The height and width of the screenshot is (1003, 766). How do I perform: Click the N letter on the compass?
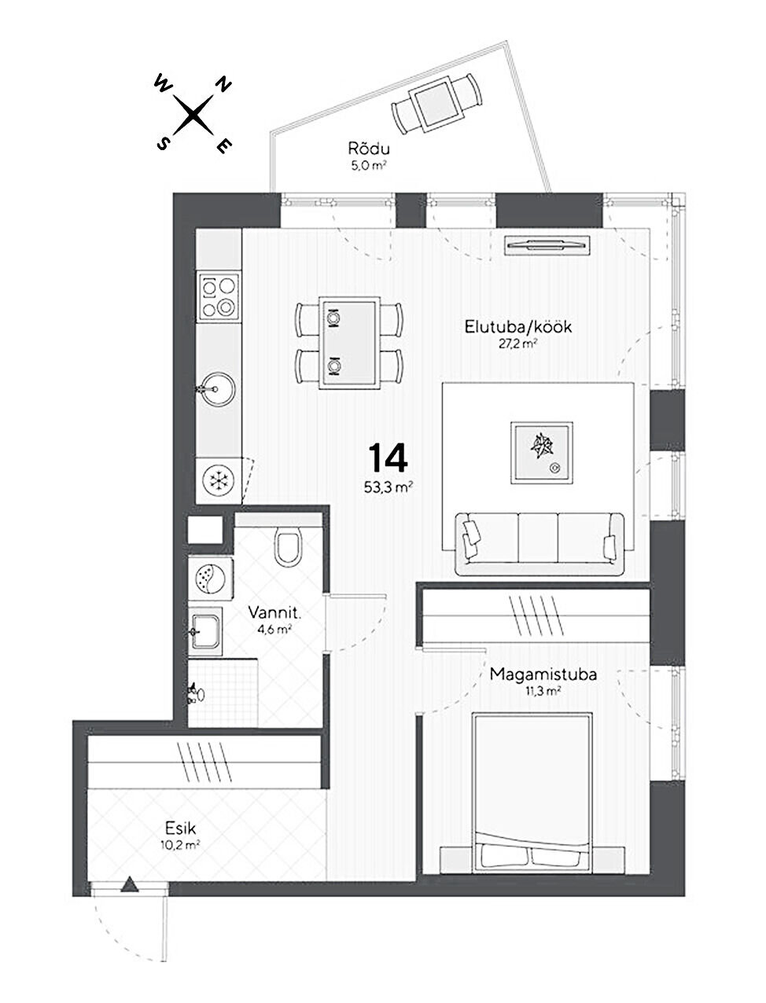pyautogui.click(x=223, y=85)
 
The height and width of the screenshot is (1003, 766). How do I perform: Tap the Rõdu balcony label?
pyautogui.click(x=369, y=149)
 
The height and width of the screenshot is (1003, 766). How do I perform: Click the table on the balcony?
pyautogui.click(x=436, y=105)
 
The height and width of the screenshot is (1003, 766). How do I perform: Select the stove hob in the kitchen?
pyautogui.click(x=219, y=296)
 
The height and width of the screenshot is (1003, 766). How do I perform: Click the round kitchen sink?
pyautogui.click(x=219, y=389)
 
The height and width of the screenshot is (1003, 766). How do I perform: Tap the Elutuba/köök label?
pyautogui.click(x=517, y=327)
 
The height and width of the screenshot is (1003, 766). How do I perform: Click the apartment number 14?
pyautogui.click(x=388, y=457)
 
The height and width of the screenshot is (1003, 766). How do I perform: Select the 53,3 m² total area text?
pyautogui.click(x=388, y=487)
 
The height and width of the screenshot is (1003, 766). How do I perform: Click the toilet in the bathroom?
pyautogui.click(x=289, y=546)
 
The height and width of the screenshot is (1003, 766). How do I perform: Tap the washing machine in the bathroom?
pyautogui.click(x=211, y=579)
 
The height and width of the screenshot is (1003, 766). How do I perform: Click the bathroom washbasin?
pyautogui.click(x=206, y=632)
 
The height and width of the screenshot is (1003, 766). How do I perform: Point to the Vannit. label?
pyautogui.click(x=274, y=612)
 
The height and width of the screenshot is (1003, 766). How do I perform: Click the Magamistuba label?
pyautogui.click(x=543, y=675)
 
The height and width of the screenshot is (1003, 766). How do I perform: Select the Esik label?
pyautogui.click(x=181, y=829)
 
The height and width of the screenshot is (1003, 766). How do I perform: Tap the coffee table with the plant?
pyautogui.click(x=542, y=453)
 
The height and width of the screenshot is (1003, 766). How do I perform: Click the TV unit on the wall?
pyautogui.click(x=547, y=245)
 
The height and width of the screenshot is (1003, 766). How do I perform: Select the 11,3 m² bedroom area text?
pyautogui.click(x=543, y=692)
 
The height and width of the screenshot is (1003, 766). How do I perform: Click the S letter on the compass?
pyautogui.click(x=162, y=144)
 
